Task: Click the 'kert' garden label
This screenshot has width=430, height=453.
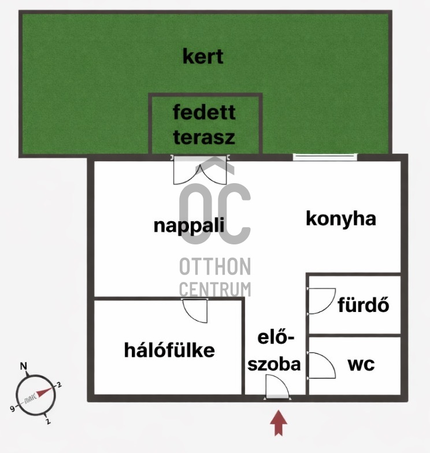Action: coord(203,57)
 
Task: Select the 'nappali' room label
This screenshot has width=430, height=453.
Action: coord(188,225)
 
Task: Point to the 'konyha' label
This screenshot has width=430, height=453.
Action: coord(341,219)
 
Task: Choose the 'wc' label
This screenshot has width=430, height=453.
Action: coord(361,365)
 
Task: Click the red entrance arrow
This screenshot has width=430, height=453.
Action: coord(280,422)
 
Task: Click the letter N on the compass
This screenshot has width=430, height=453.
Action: coord(24,366)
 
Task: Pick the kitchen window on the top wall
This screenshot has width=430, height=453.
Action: coord(325,157)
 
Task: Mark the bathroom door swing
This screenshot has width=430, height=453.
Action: coord(321,300)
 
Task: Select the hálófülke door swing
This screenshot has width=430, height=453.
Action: coord(195,311)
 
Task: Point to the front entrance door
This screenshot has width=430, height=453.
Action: coord(277,387)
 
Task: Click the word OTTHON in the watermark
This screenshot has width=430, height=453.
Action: coord(215,267)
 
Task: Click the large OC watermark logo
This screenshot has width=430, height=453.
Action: coord(215,208)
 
